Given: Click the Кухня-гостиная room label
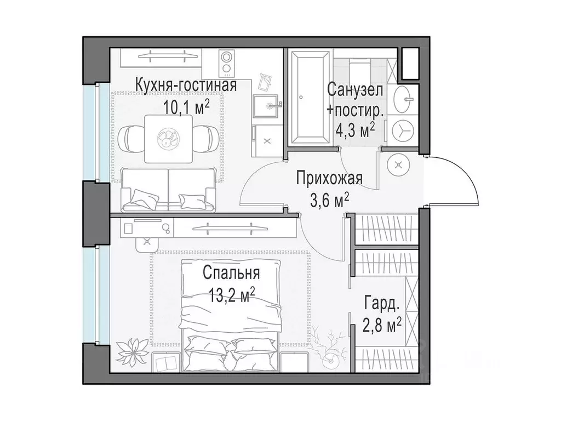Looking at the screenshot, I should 186,86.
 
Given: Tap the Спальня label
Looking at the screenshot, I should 231,272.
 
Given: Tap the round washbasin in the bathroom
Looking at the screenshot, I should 408,99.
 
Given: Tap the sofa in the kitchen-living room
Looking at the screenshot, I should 168,189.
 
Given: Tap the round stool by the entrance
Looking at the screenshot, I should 397,164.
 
